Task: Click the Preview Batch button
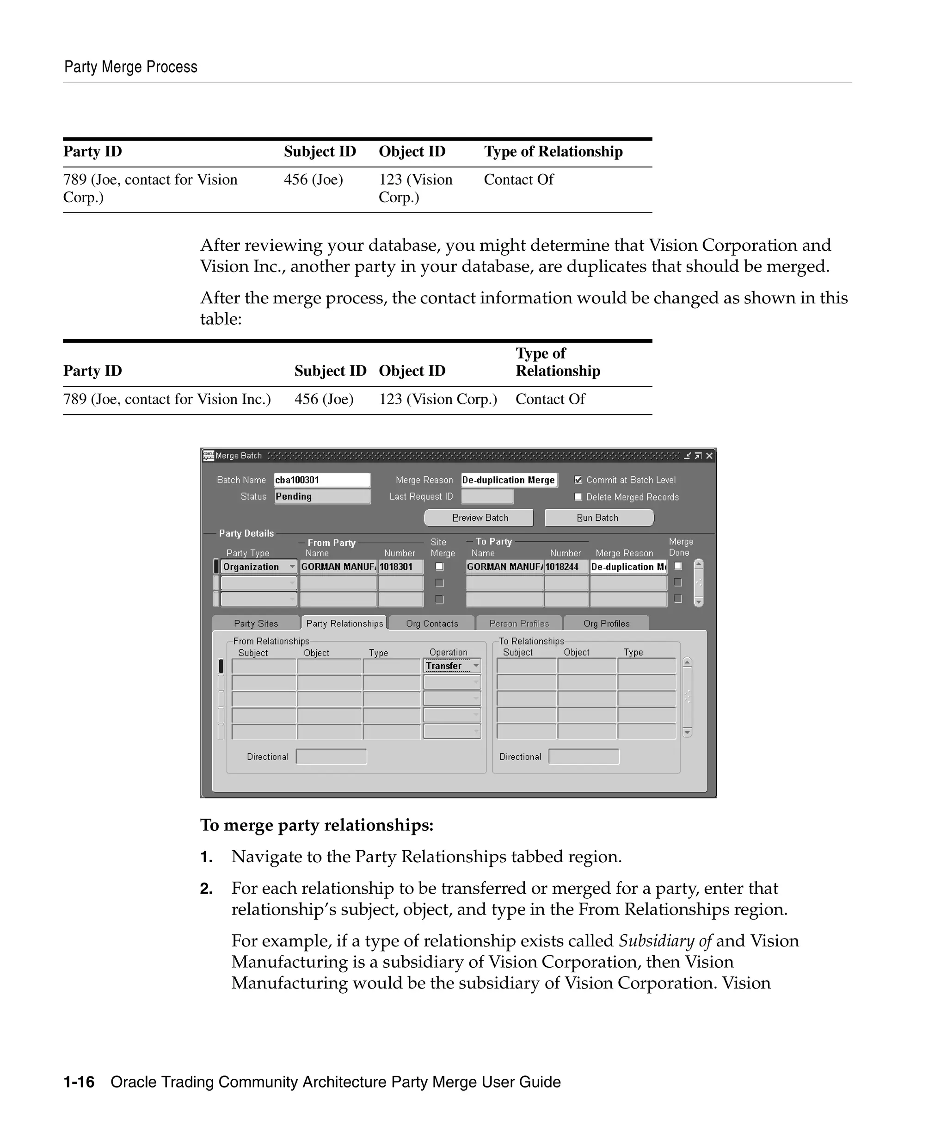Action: click(x=479, y=518)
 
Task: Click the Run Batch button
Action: click(x=598, y=518)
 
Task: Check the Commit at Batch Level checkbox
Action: click(x=578, y=480)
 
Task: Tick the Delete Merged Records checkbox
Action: click(x=578, y=496)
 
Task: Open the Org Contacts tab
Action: click(x=432, y=623)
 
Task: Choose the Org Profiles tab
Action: click(x=606, y=623)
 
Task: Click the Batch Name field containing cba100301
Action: click(x=322, y=480)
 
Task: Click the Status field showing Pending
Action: click(x=322, y=496)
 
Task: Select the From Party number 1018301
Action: click(x=400, y=567)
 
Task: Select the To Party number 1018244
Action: click(x=566, y=567)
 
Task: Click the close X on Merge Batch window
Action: click(x=709, y=456)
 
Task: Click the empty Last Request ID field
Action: click(x=487, y=496)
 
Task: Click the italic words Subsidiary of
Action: click(x=665, y=941)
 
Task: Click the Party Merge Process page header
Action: click(x=131, y=67)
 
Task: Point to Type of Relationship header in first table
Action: click(x=553, y=152)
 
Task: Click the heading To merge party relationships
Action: click(x=317, y=825)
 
